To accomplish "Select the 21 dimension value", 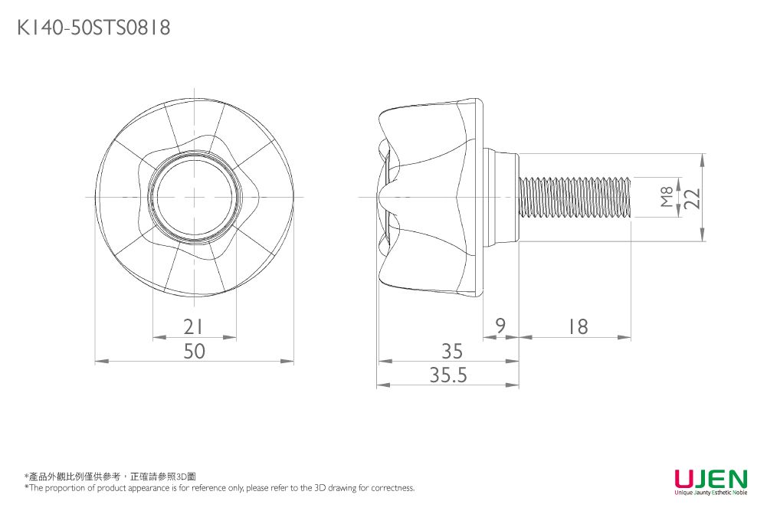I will [x=195, y=327].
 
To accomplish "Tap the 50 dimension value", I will [x=195, y=352].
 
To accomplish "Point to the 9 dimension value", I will [x=500, y=327].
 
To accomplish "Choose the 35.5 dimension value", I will [x=449, y=375].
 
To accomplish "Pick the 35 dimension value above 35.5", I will [x=452, y=351].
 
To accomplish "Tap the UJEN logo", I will [x=710, y=479].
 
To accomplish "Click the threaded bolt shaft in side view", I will [x=575, y=197].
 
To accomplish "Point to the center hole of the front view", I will [x=195, y=197].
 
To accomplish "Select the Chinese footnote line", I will [x=110, y=477].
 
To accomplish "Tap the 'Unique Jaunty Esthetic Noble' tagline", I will [x=710, y=493].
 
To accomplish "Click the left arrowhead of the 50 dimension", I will [x=100, y=361].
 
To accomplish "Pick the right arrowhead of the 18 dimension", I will [x=626, y=337].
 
